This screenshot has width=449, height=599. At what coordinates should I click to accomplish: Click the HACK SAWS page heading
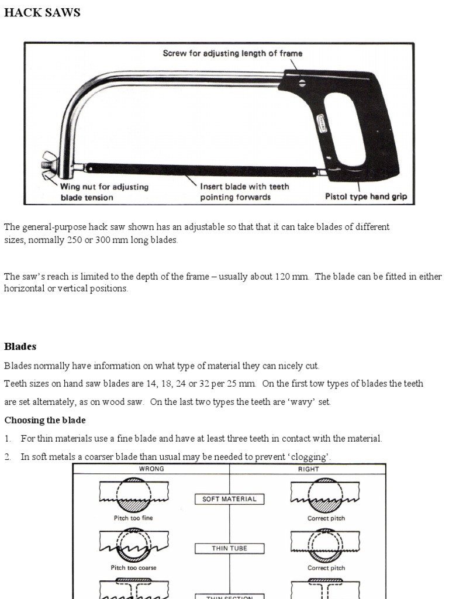point(42,13)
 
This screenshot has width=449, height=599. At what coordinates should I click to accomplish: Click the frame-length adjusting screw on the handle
point(302,83)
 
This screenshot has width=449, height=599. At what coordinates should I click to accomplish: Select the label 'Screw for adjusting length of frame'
point(232,54)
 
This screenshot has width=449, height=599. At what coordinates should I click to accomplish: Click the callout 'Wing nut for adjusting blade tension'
point(105,192)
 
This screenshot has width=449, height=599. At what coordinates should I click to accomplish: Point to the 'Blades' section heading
point(20,346)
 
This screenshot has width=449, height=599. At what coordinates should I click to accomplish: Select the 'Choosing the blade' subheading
point(45,420)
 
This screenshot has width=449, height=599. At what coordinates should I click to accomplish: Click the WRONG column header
point(151,469)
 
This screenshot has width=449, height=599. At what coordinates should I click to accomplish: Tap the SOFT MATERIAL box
point(229,499)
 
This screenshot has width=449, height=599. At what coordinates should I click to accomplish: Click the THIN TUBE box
point(229,548)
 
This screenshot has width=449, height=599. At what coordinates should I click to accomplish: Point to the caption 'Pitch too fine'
point(134,518)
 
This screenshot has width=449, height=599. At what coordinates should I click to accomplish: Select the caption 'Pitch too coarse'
point(134,567)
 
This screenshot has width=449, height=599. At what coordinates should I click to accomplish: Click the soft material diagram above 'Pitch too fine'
point(134,495)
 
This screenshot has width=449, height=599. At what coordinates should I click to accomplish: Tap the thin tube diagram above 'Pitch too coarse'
point(134,545)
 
